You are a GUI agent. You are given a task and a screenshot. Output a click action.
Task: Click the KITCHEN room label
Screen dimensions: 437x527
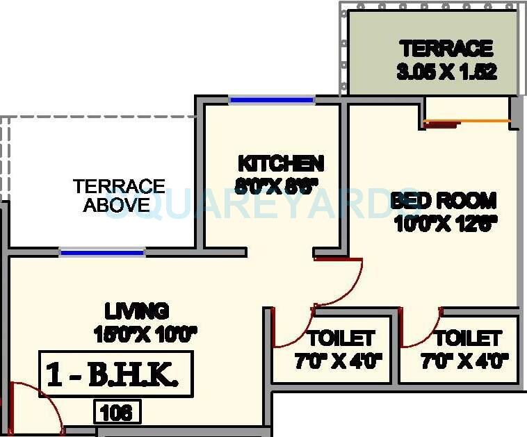281,164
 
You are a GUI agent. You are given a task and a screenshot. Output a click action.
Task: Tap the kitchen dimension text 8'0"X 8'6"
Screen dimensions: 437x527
277,185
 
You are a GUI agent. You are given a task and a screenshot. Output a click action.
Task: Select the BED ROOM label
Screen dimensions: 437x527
444,201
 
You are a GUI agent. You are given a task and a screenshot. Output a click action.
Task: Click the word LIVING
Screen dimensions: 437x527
137,311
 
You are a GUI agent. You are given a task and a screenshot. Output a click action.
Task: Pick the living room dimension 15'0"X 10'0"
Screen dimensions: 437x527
146,333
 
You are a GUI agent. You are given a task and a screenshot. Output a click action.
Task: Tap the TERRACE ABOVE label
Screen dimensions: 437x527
119,195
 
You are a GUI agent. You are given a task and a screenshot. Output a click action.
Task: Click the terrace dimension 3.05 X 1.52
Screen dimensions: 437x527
446,72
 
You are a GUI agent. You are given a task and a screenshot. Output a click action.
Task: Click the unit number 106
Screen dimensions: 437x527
117,413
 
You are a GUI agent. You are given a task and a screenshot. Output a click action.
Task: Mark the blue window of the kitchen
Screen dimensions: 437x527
272,100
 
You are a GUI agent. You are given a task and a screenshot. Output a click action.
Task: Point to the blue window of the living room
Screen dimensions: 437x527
102,252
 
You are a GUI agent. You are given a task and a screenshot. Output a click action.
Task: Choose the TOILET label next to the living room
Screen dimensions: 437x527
341,338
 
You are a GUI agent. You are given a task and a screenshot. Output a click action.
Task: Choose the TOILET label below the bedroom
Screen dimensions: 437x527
468,338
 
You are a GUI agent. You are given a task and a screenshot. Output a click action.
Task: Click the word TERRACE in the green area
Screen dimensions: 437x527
446,49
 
